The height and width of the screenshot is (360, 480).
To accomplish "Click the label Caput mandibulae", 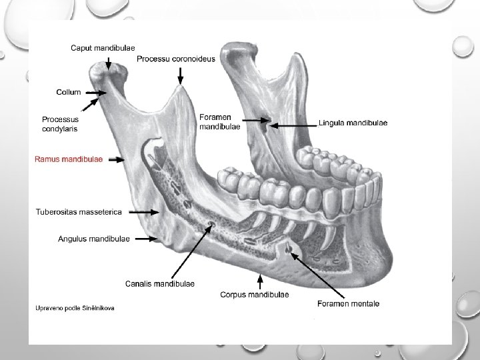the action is coord(103,47).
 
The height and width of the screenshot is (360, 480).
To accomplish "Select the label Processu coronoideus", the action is coord(176,59).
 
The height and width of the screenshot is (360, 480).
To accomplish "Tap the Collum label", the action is coord(69,92).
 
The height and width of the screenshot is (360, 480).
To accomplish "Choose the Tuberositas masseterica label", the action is coord(79,212).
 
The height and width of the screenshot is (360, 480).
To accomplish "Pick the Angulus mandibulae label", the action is coord(93,238).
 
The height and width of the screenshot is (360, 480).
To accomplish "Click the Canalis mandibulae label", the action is coord(160,283).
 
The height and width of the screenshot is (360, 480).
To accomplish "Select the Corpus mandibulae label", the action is coord(254,294).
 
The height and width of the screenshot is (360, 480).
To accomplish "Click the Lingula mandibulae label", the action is coord(353,123).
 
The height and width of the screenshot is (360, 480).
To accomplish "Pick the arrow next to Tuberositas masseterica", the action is coord(141,212).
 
